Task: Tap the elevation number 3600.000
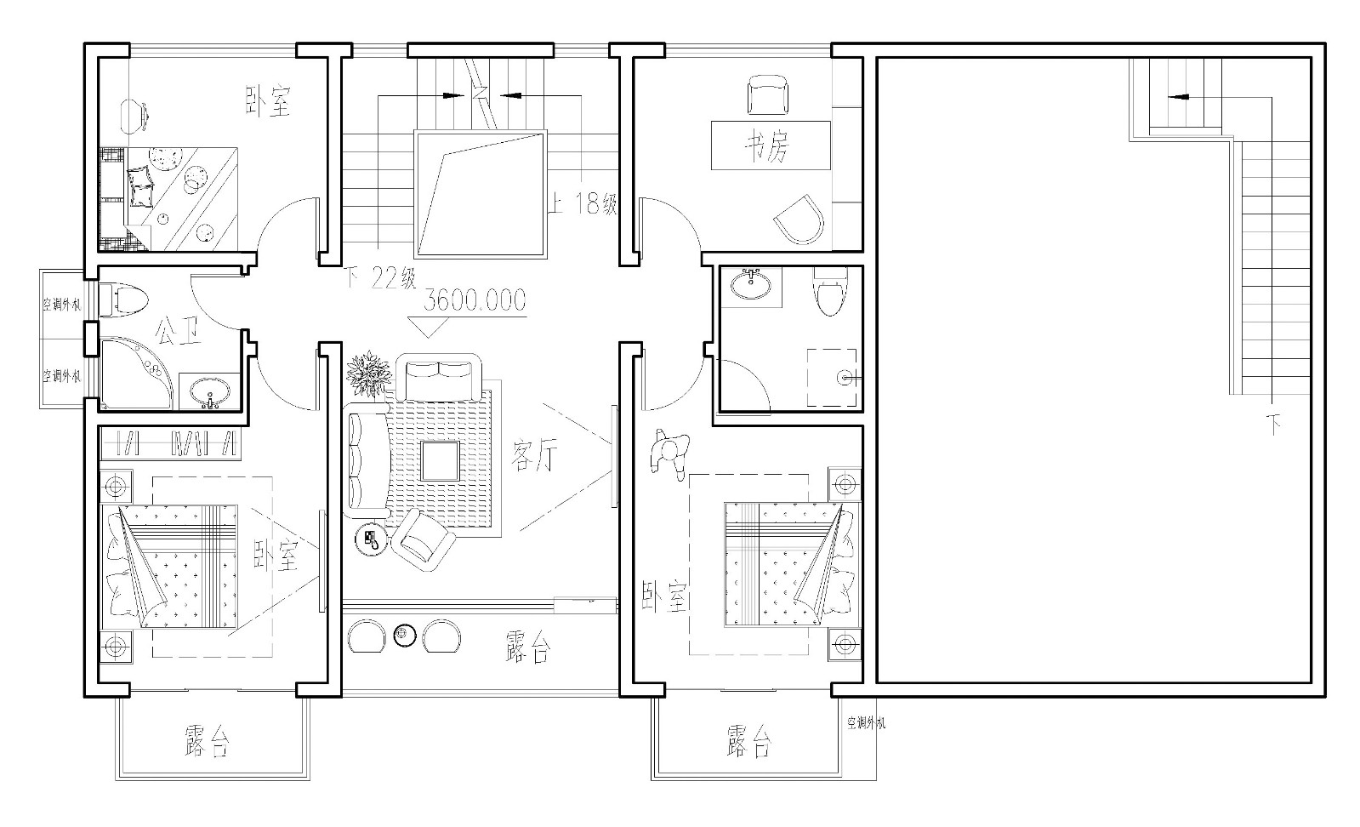tap(475, 300)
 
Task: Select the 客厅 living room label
tap(533, 455)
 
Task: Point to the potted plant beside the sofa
tap(368, 374)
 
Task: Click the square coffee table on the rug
tap(441, 461)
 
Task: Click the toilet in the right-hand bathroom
tap(830, 293)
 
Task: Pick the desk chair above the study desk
tap(768, 94)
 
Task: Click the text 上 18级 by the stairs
tap(583, 203)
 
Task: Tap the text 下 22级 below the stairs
tap(381, 278)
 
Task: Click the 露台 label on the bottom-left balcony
tap(207, 740)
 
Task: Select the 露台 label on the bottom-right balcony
tap(749, 740)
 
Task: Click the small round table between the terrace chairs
tap(404, 635)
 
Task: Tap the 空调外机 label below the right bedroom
tap(867, 723)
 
